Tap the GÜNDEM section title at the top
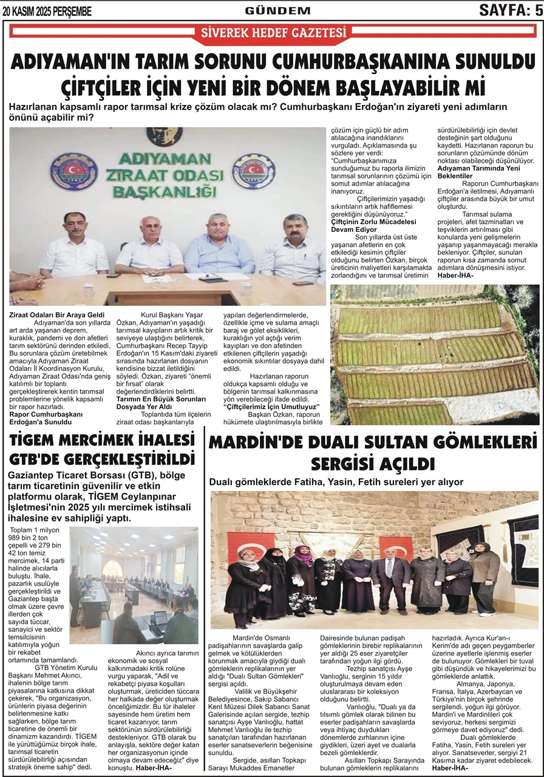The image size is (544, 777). pos(277,10)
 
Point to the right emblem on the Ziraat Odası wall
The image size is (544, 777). pos(253,171)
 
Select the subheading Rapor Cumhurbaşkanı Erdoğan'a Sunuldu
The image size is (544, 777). pos(46,418)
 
